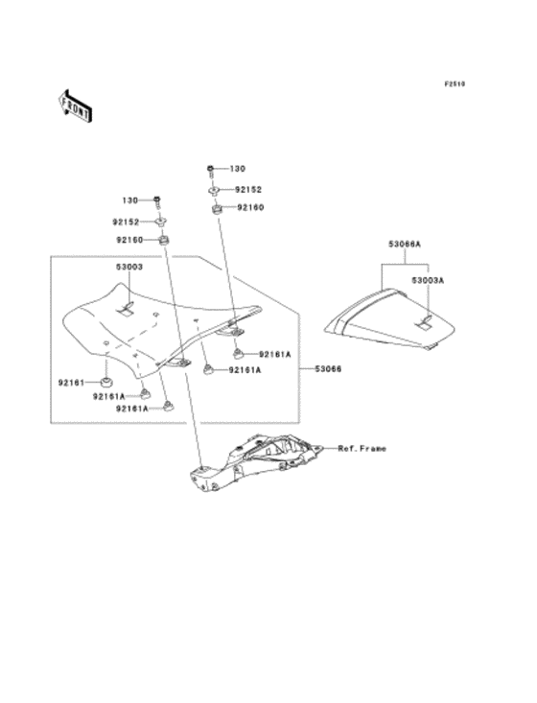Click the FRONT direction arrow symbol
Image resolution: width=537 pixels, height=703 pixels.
[75, 104]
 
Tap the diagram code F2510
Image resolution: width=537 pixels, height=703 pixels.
[454, 84]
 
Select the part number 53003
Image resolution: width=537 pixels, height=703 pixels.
[129, 267]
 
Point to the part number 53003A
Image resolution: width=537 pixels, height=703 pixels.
[428, 279]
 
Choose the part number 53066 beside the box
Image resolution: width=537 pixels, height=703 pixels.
[331, 368]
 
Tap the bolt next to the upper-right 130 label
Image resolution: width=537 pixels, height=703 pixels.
[208, 170]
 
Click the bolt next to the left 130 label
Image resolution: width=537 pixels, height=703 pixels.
[155, 200]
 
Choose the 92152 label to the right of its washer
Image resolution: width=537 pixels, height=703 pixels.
[249, 191]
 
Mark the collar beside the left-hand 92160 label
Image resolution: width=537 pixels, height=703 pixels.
[164, 240]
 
